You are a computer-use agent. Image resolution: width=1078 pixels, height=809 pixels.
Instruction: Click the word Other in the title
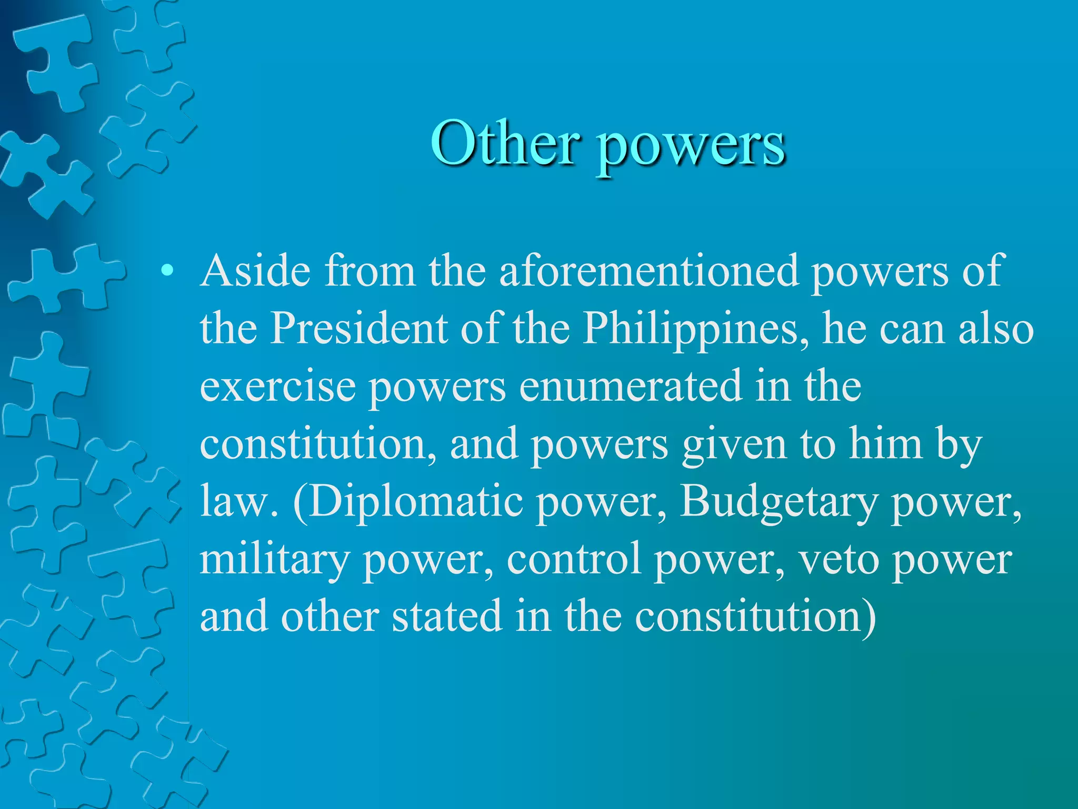click(505, 143)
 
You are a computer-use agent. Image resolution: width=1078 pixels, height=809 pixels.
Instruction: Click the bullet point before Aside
click(167, 271)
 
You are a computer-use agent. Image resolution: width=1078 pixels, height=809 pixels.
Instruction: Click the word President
click(358, 329)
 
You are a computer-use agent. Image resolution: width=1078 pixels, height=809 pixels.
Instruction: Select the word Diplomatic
click(416, 502)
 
